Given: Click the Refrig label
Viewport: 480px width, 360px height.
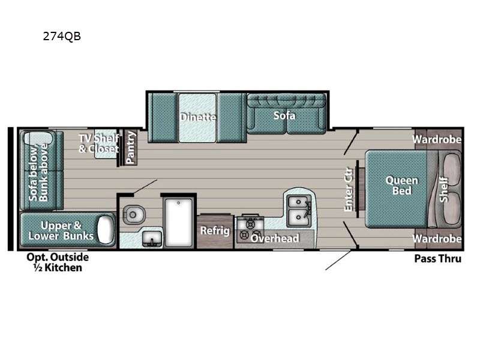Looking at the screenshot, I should [x=215, y=230].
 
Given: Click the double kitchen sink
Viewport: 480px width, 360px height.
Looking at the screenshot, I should [x=298, y=210].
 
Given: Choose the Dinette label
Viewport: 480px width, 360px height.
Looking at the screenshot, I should [x=198, y=117].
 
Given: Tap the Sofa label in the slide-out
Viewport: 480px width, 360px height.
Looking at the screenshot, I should [x=284, y=115].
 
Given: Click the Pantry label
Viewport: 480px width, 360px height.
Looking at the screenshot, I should [x=131, y=148].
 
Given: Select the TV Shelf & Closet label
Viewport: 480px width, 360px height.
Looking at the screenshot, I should [x=99, y=143].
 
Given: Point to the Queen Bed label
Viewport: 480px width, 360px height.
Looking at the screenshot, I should [x=401, y=185].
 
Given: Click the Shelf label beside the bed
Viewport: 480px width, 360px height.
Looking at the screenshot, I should [x=444, y=189].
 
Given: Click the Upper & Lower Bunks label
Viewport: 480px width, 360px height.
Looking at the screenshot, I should [x=61, y=231].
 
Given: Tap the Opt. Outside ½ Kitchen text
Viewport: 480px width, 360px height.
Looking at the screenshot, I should [x=58, y=262].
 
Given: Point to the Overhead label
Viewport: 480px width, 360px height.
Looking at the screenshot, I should [x=275, y=238].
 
